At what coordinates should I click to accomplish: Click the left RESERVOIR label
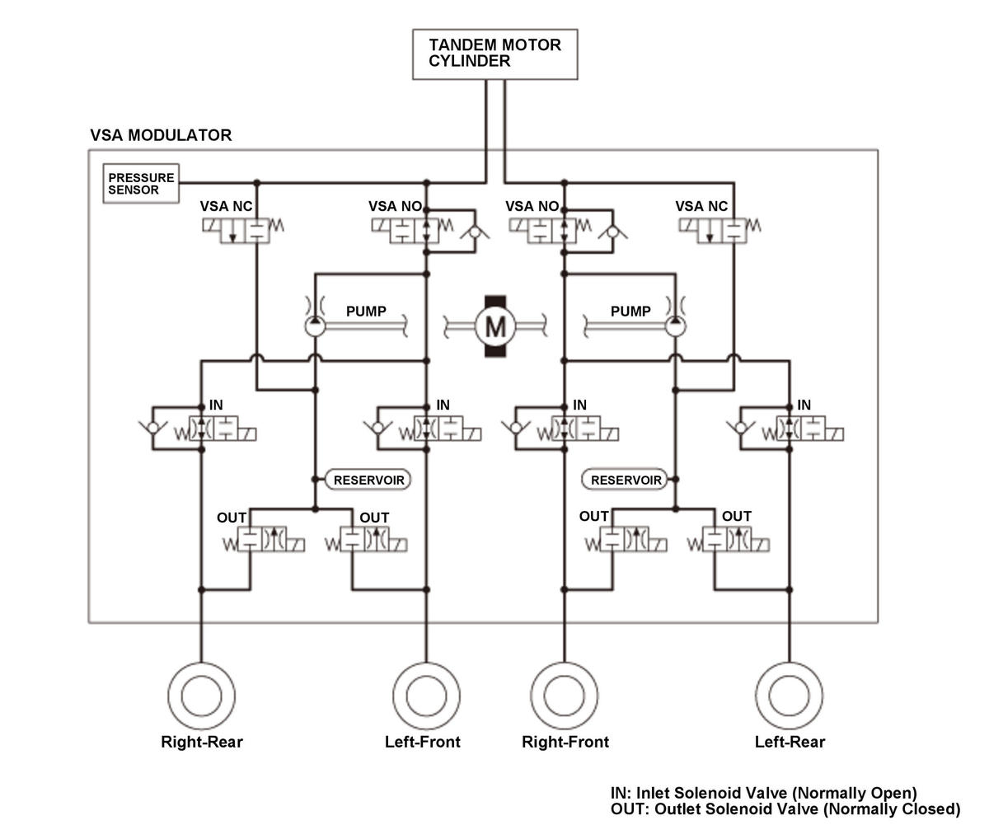tap(368, 480)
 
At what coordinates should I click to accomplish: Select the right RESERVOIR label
tap(625, 480)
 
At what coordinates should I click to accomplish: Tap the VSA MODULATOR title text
tap(161, 135)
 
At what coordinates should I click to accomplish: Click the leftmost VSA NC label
tap(226, 207)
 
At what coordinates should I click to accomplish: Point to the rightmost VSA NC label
tap(701, 207)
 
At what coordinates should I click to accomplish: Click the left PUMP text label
tap(366, 312)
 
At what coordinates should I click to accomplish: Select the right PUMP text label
tap(630, 312)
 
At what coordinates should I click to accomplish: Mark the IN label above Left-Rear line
tap(804, 405)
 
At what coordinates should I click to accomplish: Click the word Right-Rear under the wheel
tap(202, 742)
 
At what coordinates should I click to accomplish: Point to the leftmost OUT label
tap(231, 518)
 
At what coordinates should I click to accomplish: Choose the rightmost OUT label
tap(737, 516)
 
